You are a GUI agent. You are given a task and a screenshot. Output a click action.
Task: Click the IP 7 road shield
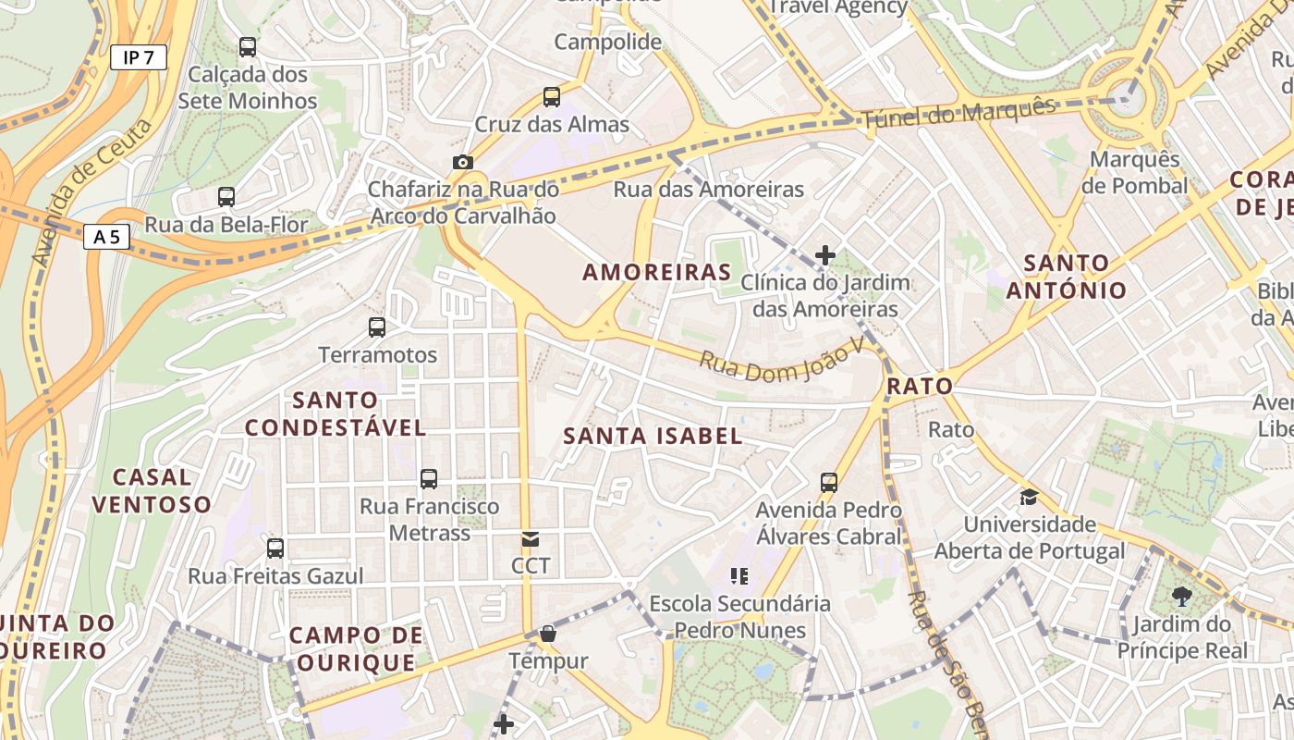coord(139,57)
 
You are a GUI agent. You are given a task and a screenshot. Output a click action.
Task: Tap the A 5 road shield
coord(106,238)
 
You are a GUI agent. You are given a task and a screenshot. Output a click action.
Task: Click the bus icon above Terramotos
coord(377,327)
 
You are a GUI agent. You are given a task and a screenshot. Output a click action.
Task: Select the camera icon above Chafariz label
coord(463,162)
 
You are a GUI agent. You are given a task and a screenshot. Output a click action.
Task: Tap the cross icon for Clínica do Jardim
coord(825,254)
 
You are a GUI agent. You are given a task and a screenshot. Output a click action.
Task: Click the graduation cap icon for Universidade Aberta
coord(1029,498)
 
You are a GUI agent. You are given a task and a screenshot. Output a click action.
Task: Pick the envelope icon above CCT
coord(531,538)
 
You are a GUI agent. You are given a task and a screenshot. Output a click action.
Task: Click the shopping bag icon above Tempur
coord(548,634)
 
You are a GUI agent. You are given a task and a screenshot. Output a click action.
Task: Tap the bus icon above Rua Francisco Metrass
coord(429,478)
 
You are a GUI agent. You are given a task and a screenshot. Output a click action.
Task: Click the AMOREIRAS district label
coord(657,272)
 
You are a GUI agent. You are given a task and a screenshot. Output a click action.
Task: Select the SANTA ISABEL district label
coord(653,436)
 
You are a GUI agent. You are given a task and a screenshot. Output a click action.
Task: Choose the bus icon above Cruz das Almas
coord(552,96)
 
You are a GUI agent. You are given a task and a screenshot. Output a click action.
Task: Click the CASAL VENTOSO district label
coord(151,490)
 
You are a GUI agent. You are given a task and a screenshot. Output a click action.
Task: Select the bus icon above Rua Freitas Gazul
coord(275,548)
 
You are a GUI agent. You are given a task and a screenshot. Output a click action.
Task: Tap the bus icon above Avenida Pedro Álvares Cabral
coord(829,482)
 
